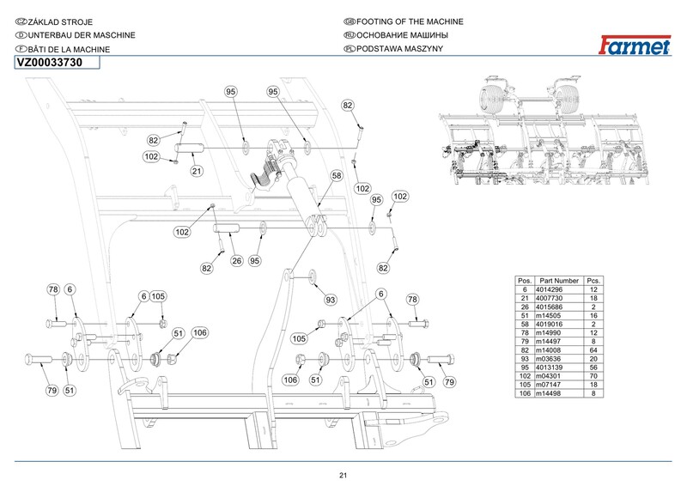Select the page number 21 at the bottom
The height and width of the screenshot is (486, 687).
[343, 476]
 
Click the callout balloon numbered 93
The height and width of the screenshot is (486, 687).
[330, 300]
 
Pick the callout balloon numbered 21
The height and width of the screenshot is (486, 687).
[196, 171]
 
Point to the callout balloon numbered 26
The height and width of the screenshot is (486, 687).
[237, 261]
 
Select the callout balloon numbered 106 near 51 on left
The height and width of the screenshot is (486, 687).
[200, 333]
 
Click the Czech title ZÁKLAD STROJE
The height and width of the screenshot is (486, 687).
[60, 21]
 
